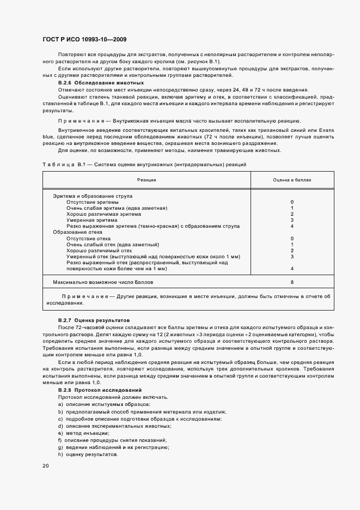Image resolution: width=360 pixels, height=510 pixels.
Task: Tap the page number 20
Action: click(x=45, y=466)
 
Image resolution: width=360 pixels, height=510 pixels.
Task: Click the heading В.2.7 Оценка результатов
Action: click(x=94, y=320)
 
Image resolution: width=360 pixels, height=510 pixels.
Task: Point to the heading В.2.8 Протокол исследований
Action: click(x=100, y=391)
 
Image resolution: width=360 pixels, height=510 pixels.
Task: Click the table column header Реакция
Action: click(x=147, y=179)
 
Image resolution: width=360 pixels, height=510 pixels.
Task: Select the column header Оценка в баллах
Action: click(x=292, y=179)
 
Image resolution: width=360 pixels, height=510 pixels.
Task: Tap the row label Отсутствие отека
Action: click(x=88, y=238)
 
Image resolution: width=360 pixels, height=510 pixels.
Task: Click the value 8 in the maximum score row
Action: click(x=292, y=283)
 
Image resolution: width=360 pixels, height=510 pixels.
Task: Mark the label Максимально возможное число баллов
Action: click(x=103, y=283)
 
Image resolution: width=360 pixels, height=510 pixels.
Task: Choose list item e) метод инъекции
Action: click(x=80, y=433)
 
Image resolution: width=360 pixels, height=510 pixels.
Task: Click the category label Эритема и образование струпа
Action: click(x=92, y=196)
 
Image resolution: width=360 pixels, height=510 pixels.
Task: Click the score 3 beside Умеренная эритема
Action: click(x=292, y=220)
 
